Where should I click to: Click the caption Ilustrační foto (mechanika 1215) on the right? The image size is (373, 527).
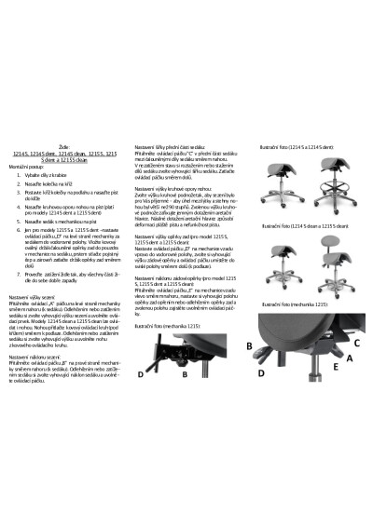click(295, 303)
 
